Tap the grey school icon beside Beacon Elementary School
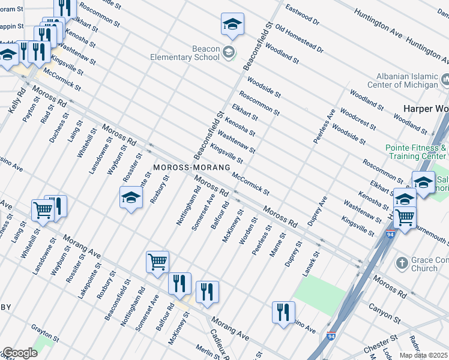229,53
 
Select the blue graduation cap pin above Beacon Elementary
232,25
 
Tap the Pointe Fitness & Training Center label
417,152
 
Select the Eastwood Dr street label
303,16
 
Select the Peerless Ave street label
322,127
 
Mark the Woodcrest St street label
358,119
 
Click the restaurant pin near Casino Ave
283,313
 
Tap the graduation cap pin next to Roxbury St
130,198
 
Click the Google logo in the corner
20,353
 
